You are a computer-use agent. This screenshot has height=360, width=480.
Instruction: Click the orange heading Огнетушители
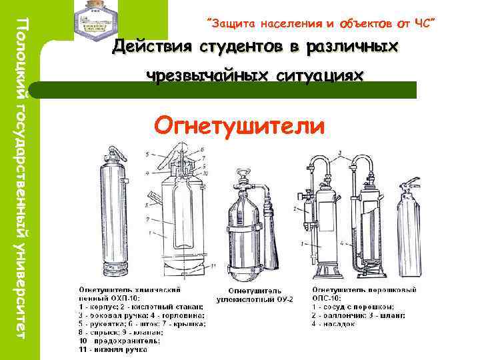coord(239,125)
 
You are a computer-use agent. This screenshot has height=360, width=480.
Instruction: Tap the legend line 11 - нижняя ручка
coord(113,347)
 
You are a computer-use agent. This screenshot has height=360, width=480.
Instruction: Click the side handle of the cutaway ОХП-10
coord(155,197)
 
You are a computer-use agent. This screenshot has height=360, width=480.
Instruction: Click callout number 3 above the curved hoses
coord(341,154)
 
